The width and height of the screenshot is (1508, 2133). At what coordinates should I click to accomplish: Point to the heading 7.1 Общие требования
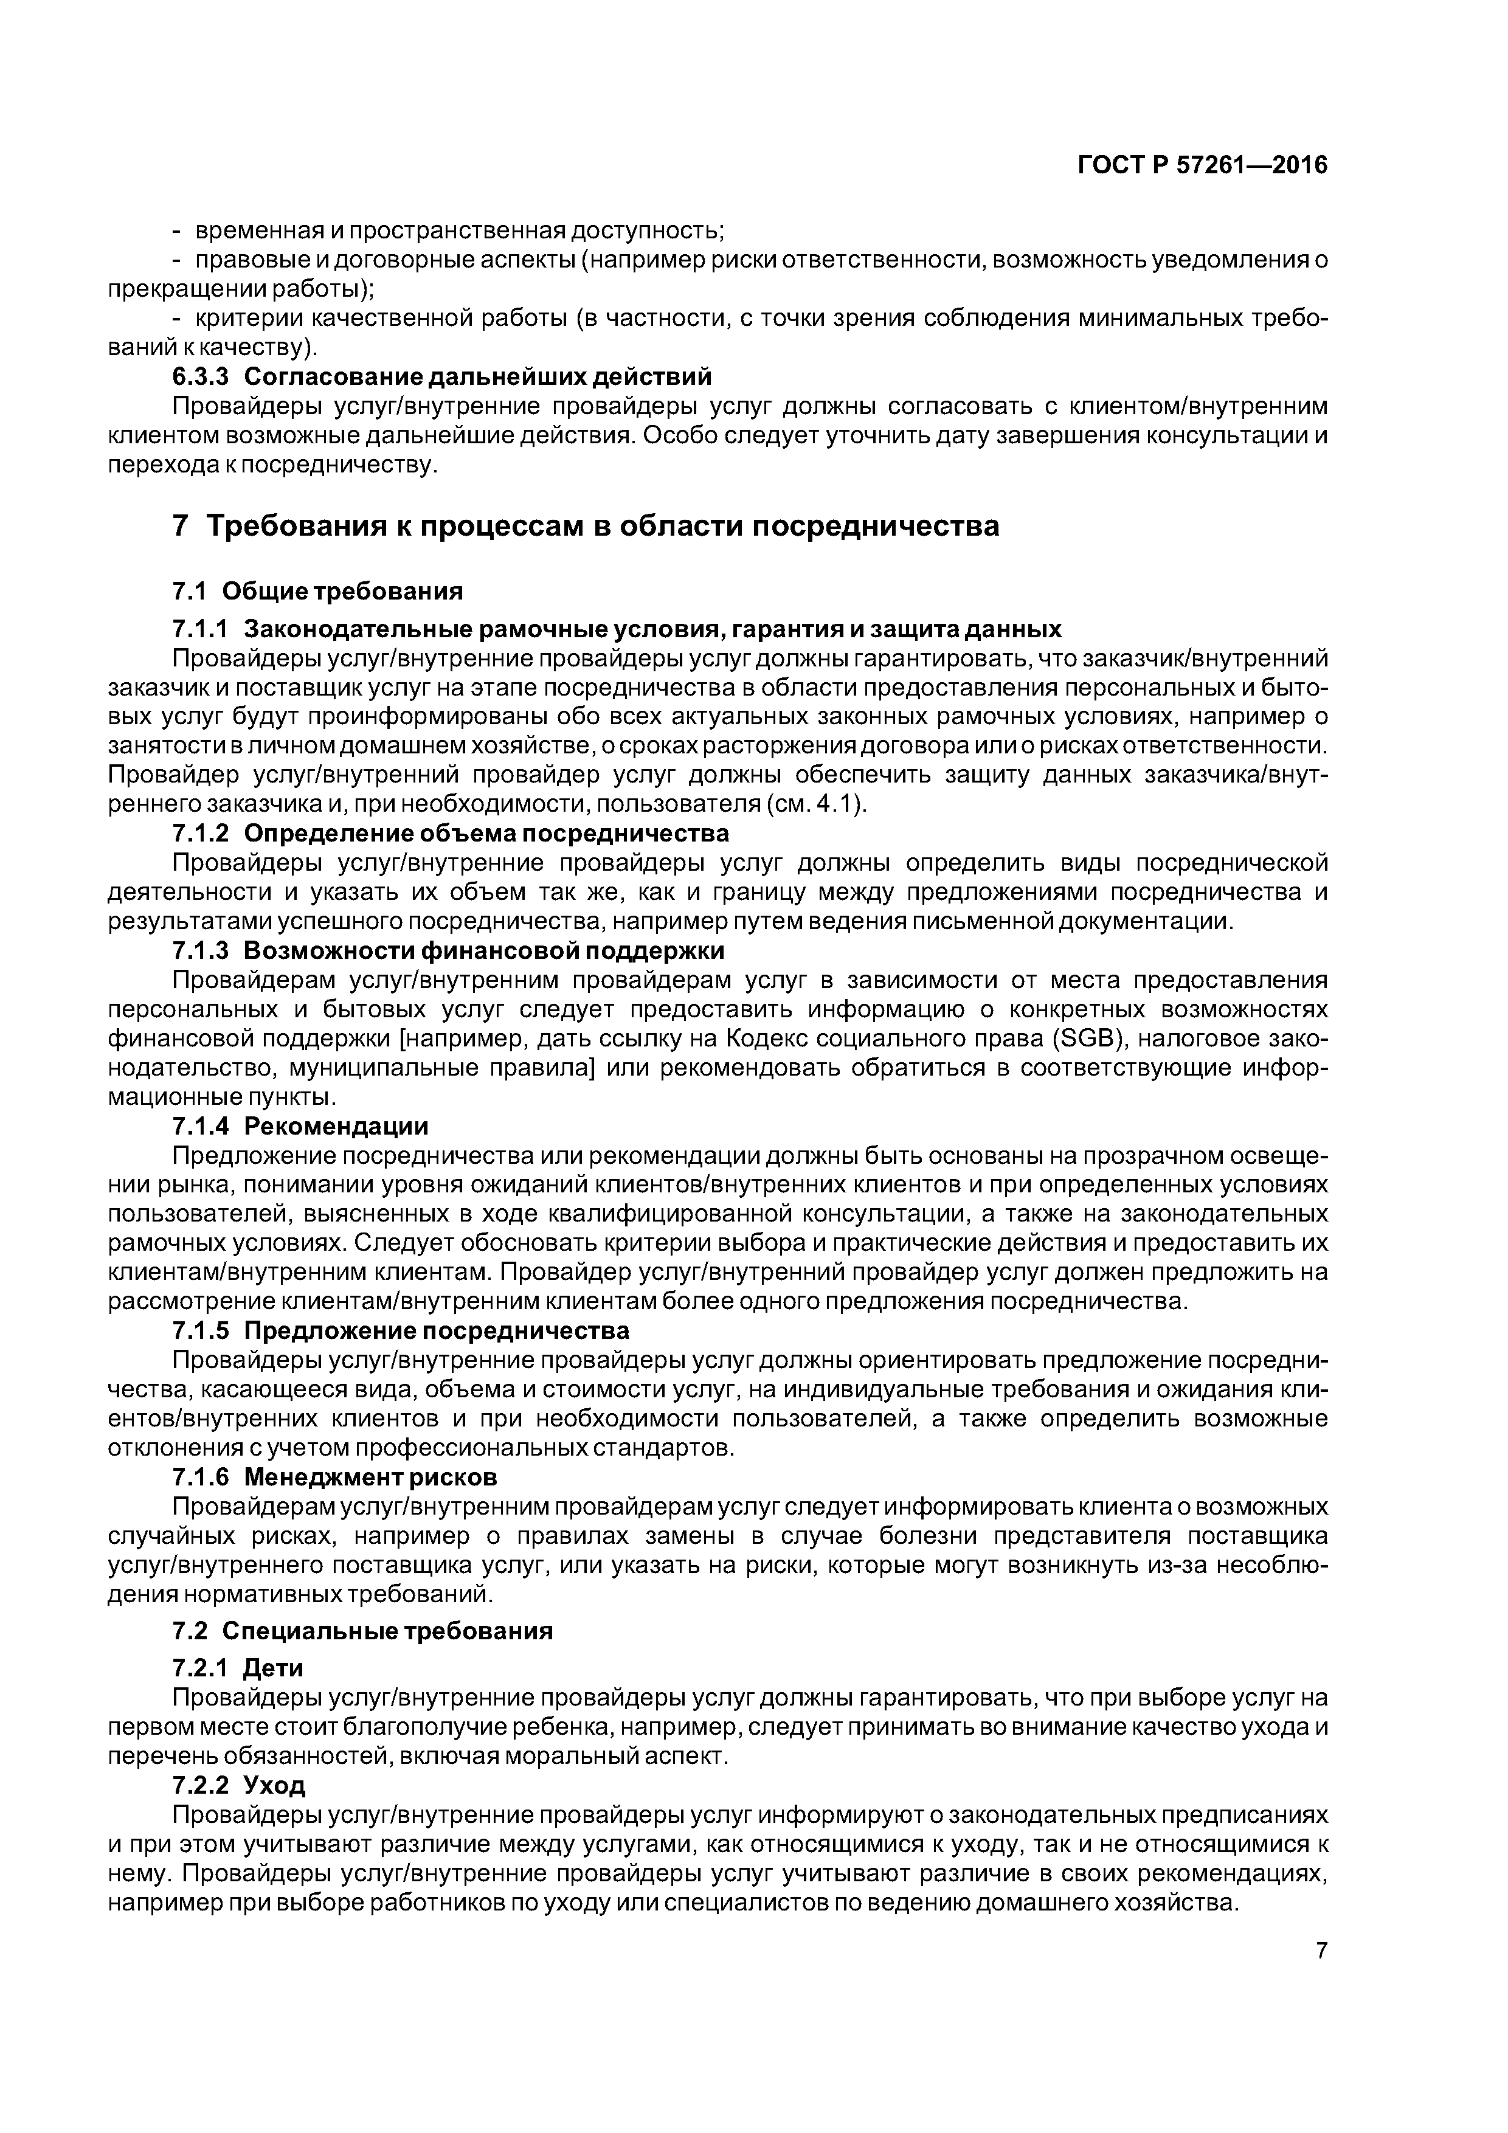coord(318,591)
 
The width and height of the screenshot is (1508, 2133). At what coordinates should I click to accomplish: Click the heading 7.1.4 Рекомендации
coord(300,1126)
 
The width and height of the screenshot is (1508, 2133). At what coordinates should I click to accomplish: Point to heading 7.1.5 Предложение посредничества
coord(401,1330)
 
